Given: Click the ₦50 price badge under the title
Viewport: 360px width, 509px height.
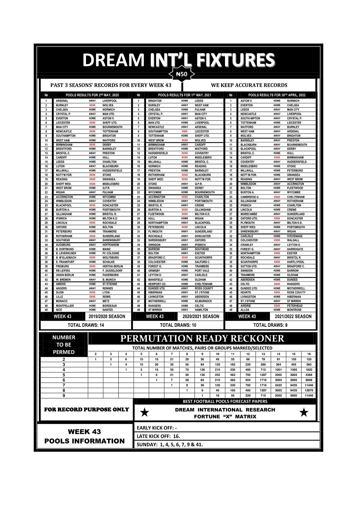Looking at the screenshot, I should click(182, 75).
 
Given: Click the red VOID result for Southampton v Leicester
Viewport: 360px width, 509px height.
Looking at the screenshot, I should click(185, 131).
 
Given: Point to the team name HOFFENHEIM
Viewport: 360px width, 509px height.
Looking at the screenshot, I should click(111, 245).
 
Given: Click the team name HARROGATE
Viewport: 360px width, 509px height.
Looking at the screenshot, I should click(295, 249).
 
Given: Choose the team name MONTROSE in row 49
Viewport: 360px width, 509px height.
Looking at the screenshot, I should click(294, 310).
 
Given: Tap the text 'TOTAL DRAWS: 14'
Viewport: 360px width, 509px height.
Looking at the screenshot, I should click(86, 325).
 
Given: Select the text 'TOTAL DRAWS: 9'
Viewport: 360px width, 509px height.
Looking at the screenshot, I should click(270, 325).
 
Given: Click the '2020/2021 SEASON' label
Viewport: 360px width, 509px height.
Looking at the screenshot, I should click(201, 316).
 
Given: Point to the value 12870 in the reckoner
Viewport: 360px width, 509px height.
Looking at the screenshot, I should click(309, 390).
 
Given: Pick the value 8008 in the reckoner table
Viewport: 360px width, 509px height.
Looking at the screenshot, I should click(309, 380).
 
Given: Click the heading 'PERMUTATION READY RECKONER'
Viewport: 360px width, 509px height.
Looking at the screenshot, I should click(202, 338).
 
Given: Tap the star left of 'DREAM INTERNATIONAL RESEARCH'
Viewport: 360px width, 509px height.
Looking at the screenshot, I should click(145, 413).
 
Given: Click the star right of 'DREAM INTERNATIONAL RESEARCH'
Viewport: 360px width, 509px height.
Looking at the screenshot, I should click(304, 413).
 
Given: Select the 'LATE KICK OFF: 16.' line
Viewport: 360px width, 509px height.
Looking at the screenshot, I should click(158, 436).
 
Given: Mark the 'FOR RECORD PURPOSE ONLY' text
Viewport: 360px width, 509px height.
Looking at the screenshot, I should click(86, 410).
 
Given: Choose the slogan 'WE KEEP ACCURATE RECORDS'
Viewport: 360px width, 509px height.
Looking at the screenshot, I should click(249, 85).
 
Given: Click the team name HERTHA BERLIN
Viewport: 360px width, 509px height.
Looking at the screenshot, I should click(112, 266).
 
